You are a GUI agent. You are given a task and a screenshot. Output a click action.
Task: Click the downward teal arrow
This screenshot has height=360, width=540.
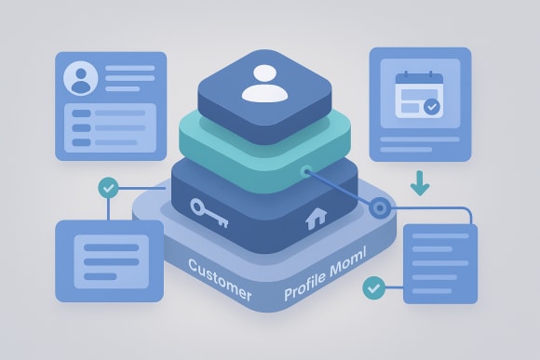420,183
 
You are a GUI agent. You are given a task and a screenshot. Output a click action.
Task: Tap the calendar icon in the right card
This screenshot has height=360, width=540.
415,96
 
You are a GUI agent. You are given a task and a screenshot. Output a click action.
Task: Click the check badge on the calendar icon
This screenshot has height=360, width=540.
432,108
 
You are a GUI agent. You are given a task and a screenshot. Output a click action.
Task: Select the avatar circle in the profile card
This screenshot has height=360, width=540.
80,79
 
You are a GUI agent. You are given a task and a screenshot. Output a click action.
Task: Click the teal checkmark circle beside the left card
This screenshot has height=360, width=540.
109,188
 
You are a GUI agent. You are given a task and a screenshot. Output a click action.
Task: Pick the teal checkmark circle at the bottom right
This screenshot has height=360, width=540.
374,287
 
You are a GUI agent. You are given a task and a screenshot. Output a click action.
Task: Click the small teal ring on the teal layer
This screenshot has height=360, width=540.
304,170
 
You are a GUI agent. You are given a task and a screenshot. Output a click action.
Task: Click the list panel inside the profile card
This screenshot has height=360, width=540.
110,127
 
